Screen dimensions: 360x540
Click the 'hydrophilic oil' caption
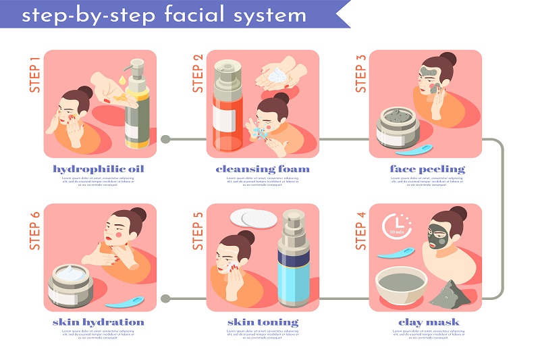pyautogui.click(x=99, y=168)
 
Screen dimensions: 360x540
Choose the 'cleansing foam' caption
pyautogui.click(x=263, y=168)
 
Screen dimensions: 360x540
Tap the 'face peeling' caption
pyautogui.click(x=427, y=168)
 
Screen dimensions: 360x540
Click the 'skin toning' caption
pyautogui.click(x=263, y=322)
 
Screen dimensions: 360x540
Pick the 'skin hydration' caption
pyautogui.click(x=99, y=322)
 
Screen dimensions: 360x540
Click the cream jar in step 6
pyautogui.click(x=71, y=284)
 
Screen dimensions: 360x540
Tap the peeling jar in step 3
pyautogui.click(x=398, y=127)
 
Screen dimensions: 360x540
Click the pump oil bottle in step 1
pyautogui.click(x=137, y=108)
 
